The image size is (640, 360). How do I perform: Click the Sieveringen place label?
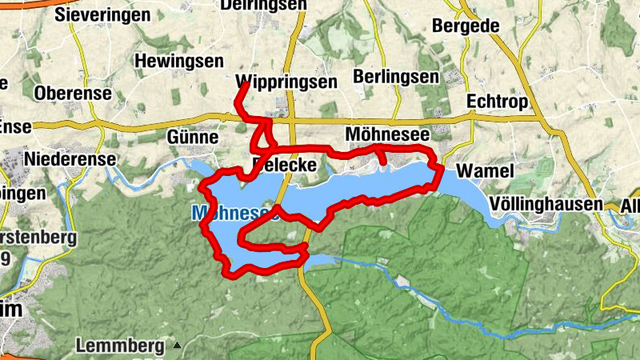[x=102, y=14]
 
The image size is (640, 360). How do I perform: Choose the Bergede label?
[x=466, y=26]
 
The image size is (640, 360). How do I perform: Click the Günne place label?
[x=192, y=137]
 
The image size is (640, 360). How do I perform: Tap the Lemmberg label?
[x=122, y=346]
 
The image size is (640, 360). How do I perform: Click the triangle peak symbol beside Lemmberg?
[x=178, y=346]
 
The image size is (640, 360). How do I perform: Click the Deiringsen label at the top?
[x=273, y=5]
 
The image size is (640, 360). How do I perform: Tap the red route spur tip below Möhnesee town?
[x=384, y=164]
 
